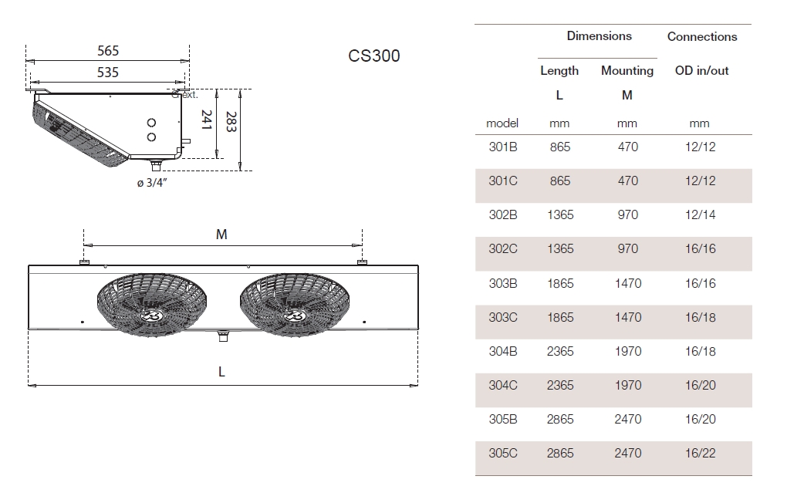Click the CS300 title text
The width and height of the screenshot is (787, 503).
pyautogui.click(x=374, y=56)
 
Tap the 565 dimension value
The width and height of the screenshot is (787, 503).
pyautogui.click(x=108, y=51)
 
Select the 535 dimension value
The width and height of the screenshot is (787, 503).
pyautogui.click(x=108, y=72)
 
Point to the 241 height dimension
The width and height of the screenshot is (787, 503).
pyautogui.click(x=206, y=120)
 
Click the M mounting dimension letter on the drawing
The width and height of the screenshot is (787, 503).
pyautogui.click(x=221, y=235)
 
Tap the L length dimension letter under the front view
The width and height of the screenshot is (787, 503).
pyautogui.click(x=221, y=372)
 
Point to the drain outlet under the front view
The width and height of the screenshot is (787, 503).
pyautogui.click(x=223, y=335)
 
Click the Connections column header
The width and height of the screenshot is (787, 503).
pyautogui.click(x=701, y=36)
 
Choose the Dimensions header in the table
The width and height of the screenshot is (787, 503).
pyautogui.click(x=599, y=36)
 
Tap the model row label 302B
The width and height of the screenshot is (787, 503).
pyautogui.click(x=503, y=215)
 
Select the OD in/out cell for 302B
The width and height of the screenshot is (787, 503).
pyautogui.click(x=700, y=215)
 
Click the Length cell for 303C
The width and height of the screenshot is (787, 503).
pyautogui.click(x=560, y=317)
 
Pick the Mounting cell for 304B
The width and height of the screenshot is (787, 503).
pyautogui.click(x=627, y=351)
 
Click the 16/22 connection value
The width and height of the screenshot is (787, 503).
pyautogui.click(x=700, y=454)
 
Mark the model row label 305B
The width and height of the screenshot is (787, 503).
pyautogui.click(x=503, y=420)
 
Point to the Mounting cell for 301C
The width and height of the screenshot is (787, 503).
pyautogui.click(x=627, y=181)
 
